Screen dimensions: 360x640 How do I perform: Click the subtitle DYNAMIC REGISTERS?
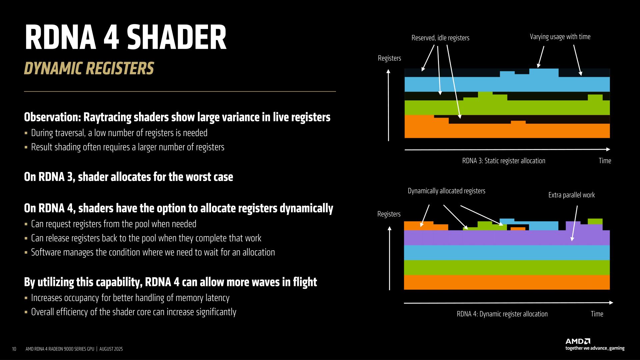pyautogui.click(x=89, y=68)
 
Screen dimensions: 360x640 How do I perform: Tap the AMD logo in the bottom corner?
pyautogui.click(x=578, y=341)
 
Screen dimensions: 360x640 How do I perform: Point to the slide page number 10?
pyautogui.click(x=14, y=349)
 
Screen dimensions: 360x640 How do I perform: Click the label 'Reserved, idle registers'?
pyautogui.click(x=440, y=38)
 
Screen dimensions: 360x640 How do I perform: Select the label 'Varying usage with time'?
pyautogui.click(x=560, y=37)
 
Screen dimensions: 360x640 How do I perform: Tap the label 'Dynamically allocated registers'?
pyautogui.click(x=446, y=191)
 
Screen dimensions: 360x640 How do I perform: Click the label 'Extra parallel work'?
pyautogui.click(x=571, y=195)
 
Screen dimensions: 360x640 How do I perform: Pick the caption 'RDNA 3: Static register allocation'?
pyautogui.click(x=503, y=161)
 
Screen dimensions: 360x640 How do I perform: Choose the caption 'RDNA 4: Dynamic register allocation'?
pyautogui.click(x=502, y=314)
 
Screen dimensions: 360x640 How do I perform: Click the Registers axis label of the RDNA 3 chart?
pyautogui.click(x=389, y=58)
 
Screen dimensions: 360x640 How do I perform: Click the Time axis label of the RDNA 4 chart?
pyautogui.click(x=597, y=314)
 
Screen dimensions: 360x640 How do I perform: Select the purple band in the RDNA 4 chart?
pyautogui.click(x=507, y=238)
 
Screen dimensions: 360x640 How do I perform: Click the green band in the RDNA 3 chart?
pyautogui.click(x=507, y=108)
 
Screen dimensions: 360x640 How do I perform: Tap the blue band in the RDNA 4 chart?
pyautogui.click(x=507, y=253)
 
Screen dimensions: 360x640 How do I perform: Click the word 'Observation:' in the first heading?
pyautogui.click(x=53, y=117)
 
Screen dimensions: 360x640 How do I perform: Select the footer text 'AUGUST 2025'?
pyautogui.click(x=111, y=349)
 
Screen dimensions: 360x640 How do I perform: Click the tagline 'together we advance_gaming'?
pyautogui.click(x=595, y=348)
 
